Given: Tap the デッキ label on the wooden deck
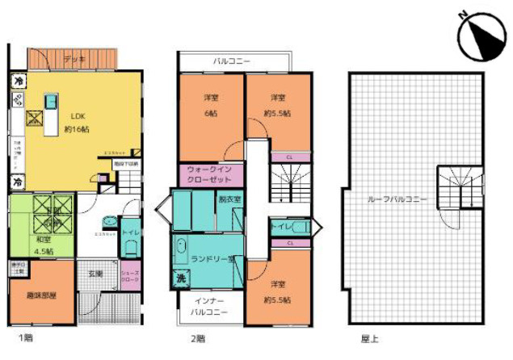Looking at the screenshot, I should pos(74,59).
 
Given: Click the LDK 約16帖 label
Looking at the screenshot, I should pos(75,122).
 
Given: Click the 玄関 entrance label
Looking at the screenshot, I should pos(95,274).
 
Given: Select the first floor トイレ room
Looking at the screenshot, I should pos(129,235).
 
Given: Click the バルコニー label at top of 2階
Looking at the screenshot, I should pos(231,61).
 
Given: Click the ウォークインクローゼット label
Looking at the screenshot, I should pos(210,174).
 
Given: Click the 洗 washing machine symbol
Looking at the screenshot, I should pos(179,278).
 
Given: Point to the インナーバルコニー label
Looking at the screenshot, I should pos(208,306).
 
